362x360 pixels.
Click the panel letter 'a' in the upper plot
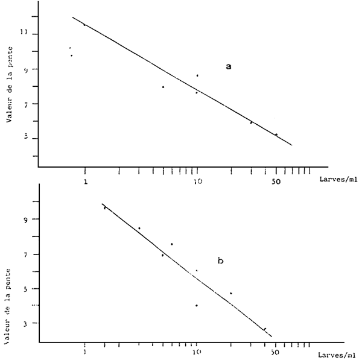click(229, 66)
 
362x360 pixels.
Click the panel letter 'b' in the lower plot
click(221, 261)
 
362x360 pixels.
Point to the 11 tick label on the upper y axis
click(24, 34)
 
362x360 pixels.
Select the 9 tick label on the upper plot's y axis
click(25, 69)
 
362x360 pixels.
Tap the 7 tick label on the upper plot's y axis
click(25, 104)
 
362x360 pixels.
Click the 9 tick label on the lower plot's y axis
click(25, 219)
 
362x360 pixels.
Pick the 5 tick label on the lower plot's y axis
click(25, 289)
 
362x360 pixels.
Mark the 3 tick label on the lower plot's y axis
click(25, 323)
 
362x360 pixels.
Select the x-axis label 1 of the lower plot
click(85, 350)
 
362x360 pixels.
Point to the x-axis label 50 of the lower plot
click(276, 350)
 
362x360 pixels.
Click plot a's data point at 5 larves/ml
click(163, 87)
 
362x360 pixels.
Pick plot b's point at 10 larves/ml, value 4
click(197, 305)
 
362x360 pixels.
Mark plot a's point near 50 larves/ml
click(276, 134)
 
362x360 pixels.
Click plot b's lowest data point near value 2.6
click(264, 329)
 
